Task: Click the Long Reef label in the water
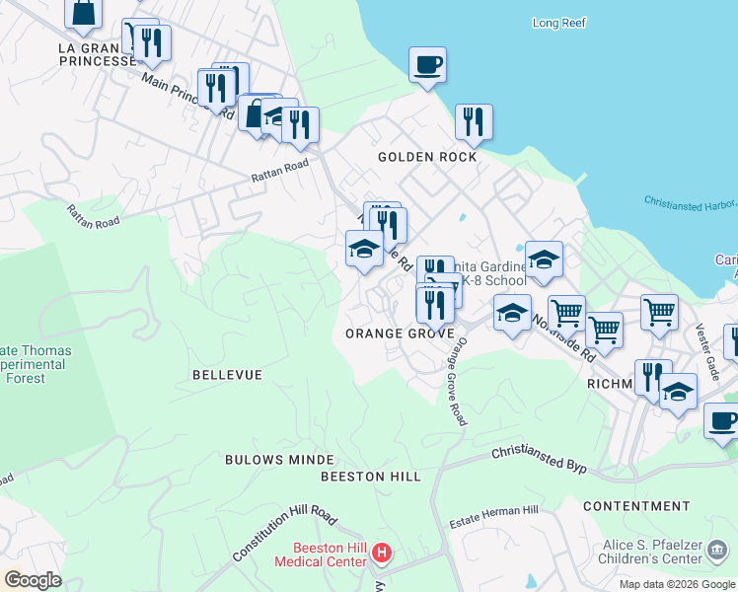coord(558,23)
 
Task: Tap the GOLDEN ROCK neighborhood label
coord(427,157)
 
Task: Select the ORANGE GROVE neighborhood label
coord(399,334)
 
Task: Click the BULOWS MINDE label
coord(266,460)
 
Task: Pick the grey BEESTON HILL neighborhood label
coord(371,477)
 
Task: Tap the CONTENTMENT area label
coord(636,506)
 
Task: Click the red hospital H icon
coord(383,555)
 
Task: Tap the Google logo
coord(33,579)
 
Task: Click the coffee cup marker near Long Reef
coord(427,66)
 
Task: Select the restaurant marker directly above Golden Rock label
coord(474,122)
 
